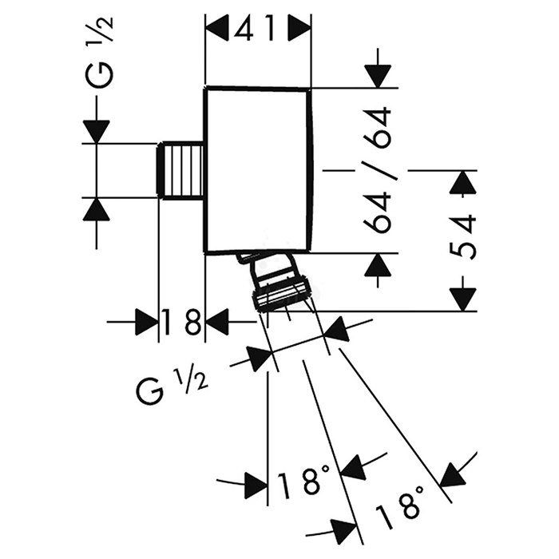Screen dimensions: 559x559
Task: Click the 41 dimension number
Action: pyautogui.click(x=258, y=30)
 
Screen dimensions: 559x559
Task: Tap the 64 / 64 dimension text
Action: pyautogui.click(x=382, y=169)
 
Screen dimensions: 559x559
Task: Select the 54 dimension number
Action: pyautogui.click(x=466, y=236)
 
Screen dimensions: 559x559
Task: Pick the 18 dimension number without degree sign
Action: pyautogui.click(x=182, y=323)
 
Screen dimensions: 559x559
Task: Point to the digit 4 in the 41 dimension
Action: pyautogui.click(x=244, y=30)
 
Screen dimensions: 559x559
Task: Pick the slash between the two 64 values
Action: pyautogui.click(x=382, y=169)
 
